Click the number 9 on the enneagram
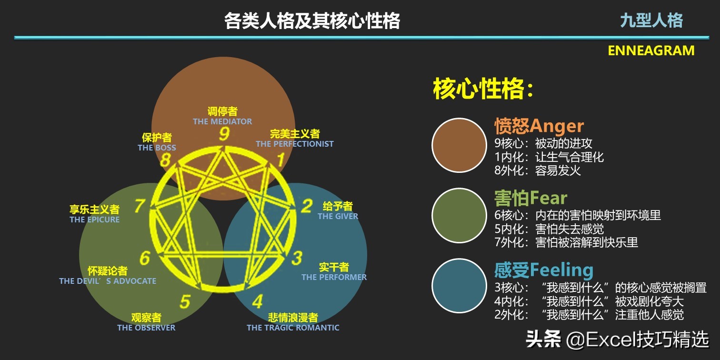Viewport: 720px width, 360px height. [224, 134]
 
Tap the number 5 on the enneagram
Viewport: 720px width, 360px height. [185, 301]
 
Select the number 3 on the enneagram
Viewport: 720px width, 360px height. [297, 258]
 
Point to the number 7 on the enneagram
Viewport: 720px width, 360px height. [140, 206]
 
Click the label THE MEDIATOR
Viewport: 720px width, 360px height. [222, 121]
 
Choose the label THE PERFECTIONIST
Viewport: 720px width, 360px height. [295, 144]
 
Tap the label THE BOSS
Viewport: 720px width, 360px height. [157, 148]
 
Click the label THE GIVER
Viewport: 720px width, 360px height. [338, 216]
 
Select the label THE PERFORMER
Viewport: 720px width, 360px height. [334, 277]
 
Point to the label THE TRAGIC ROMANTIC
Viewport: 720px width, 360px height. [293, 328]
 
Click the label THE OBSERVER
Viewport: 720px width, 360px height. [146, 328]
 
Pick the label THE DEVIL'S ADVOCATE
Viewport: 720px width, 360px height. [108, 281]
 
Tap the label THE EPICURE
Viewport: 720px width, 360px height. [94, 220]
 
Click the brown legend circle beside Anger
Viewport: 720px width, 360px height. [459, 145]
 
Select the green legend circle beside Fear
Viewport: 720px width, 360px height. [459, 216]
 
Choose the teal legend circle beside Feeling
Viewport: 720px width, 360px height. [459, 286]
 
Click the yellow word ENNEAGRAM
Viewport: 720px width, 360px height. [651, 50]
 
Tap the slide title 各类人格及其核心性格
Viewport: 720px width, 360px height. [312, 21]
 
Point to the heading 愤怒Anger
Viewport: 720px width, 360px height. [539, 126]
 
